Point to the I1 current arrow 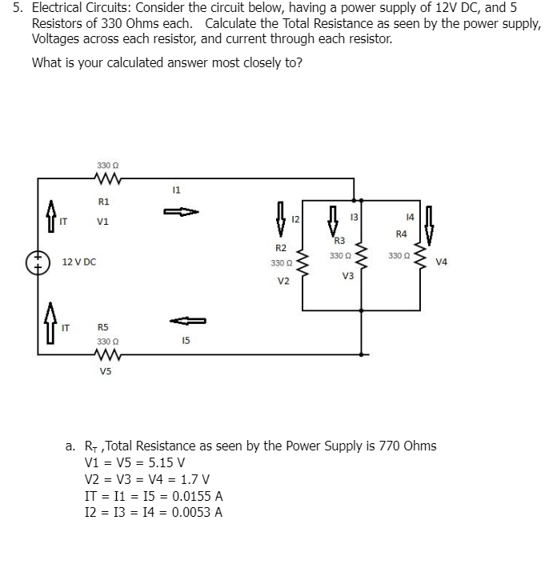[x=181, y=213]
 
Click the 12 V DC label [x=79, y=262]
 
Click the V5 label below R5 [x=106, y=370]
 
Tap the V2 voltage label [x=283, y=282]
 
